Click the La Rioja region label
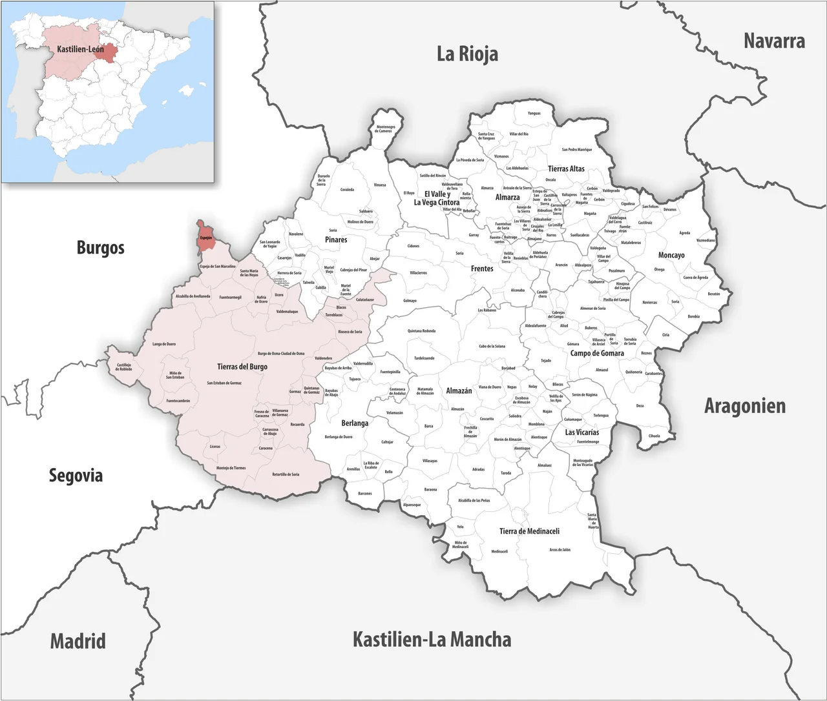pos(467,54)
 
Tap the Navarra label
pos(774,41)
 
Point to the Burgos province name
pos(100,248)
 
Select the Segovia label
pos(76,476)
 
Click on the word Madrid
pos(78,642)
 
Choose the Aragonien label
pos(744,407)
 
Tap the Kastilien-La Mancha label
pos(432,640)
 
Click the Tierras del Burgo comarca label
pos(242,367)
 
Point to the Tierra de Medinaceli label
pos(529,531)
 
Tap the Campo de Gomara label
pos(597,353)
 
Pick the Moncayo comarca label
pos(671,256)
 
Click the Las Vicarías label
pos(581,432)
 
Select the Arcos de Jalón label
pos(560,550)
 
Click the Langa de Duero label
pos(164,344)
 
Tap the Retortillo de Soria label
pos(286,474)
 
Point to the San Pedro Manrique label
pos(576,150)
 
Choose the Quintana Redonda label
pos(421,331)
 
